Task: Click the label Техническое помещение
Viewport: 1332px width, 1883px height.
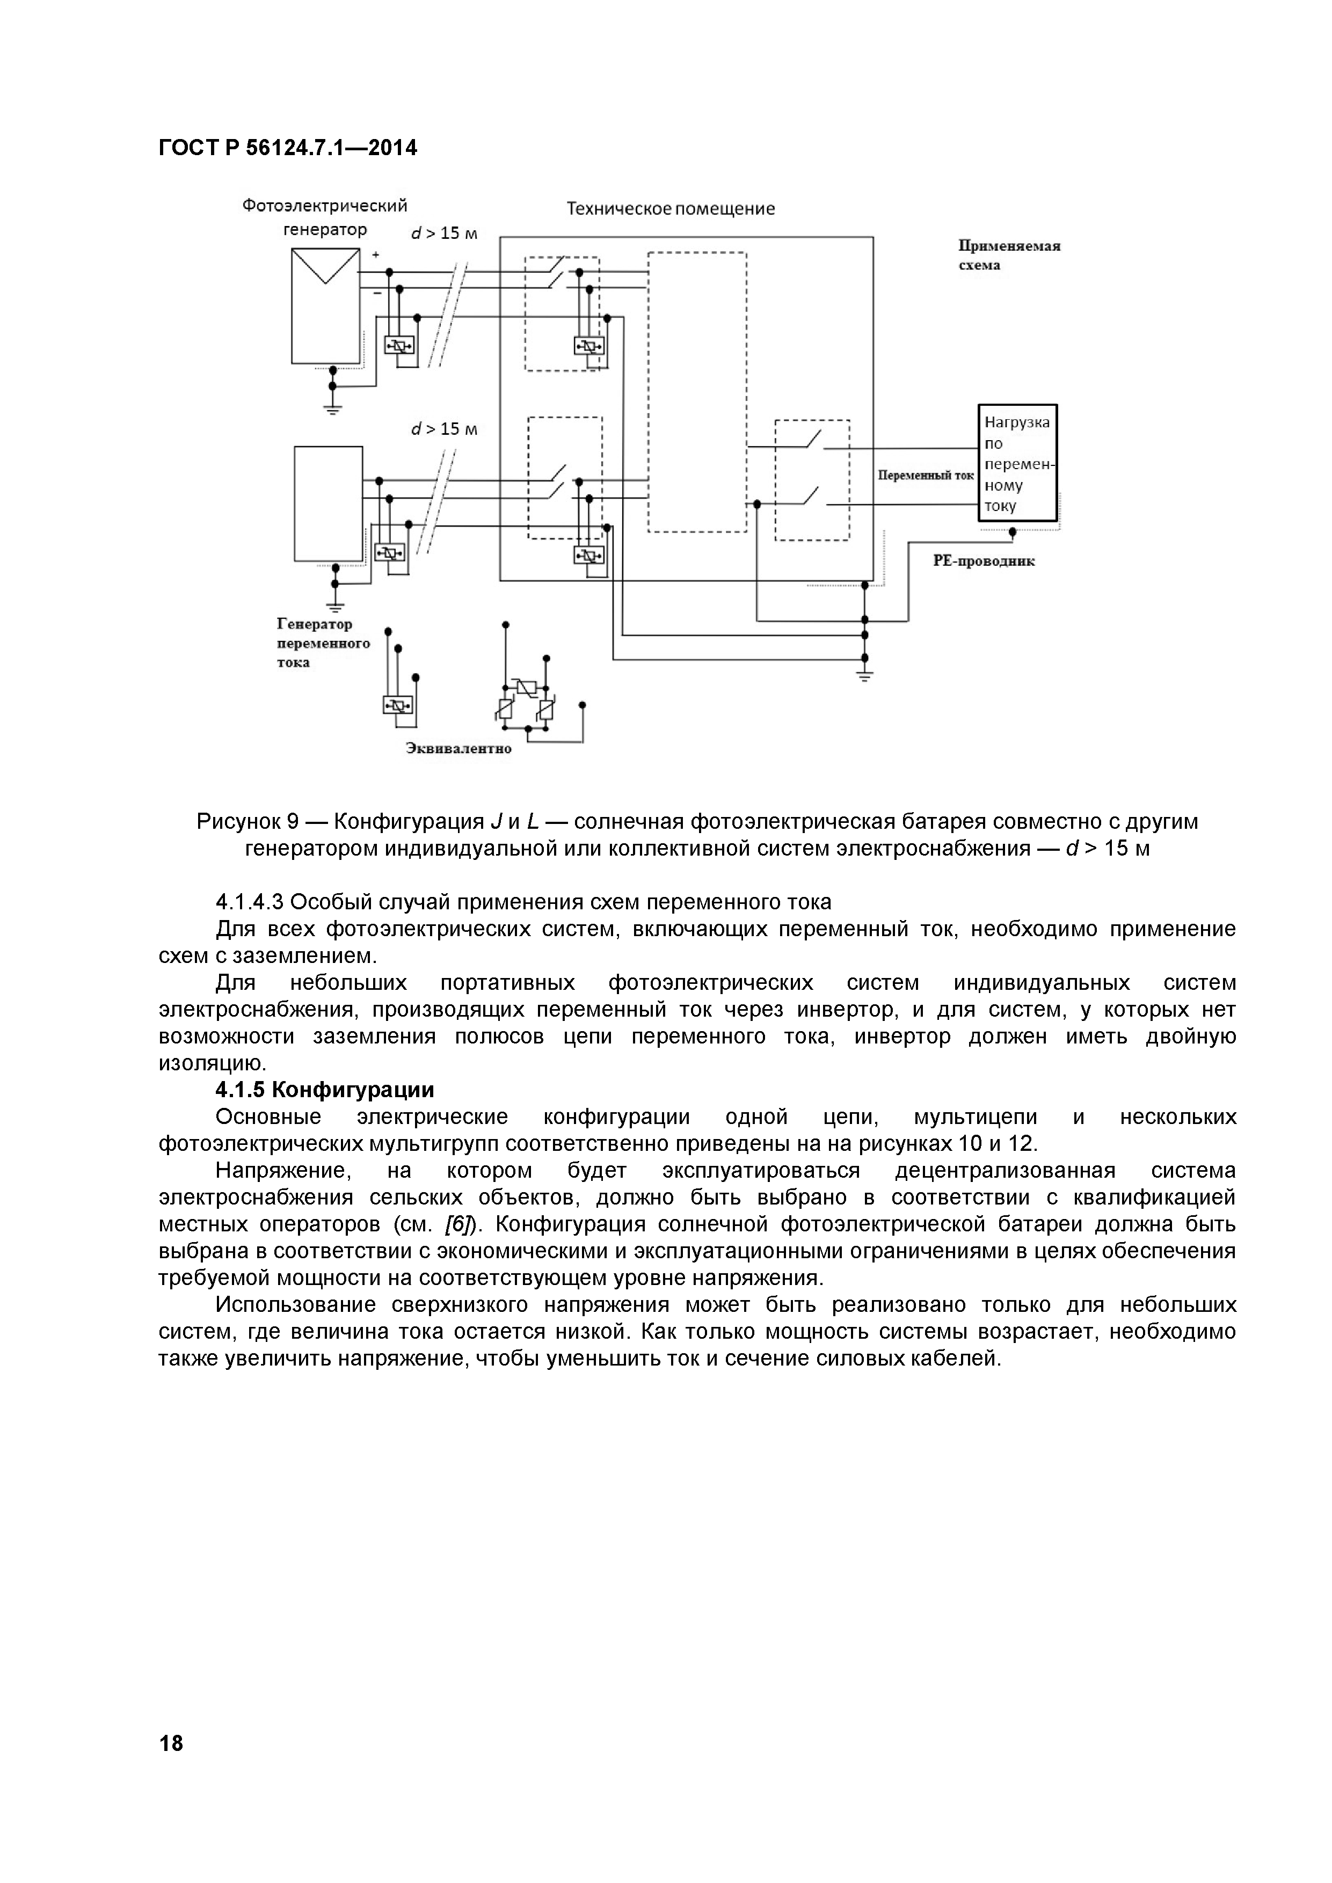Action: tap(670, 208)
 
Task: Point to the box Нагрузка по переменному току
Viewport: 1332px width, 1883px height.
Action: tap(1017, 463)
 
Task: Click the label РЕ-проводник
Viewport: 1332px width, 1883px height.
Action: tap(984, 562)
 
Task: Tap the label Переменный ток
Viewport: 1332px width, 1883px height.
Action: tap(925, 475)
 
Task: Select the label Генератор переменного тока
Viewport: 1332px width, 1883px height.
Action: tap(322, 643)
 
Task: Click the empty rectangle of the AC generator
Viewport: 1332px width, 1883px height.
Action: tap(328, 503)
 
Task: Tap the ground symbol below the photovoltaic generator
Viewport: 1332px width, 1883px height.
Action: tap(332, 407)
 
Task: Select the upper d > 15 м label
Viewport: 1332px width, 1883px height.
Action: tap(443, 233)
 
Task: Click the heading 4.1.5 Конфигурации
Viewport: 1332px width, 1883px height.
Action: tap(324, 1090)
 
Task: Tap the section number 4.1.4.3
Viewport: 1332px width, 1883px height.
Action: tap(249, 902)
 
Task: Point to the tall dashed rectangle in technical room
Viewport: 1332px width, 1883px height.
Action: tap(697, 391)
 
